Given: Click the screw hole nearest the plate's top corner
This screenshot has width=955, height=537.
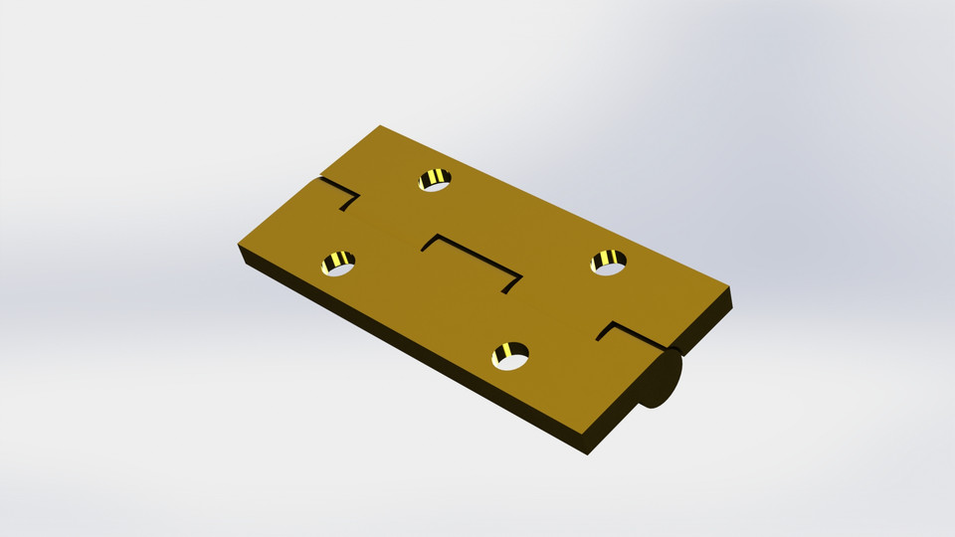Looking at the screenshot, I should click(x=435, y=180).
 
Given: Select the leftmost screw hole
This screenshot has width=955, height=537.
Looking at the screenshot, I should click(x=338, y=264).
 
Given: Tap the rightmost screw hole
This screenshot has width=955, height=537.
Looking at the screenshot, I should click(x=609, y=263).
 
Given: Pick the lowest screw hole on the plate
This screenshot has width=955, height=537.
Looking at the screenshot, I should click(x=510, y=355).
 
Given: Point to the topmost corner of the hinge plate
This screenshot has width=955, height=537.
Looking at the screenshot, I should click(x=380, y=126).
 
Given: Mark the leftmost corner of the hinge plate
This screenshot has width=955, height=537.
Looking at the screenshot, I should click(x=239, y=245).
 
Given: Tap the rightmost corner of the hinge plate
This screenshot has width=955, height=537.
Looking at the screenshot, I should click(x=731, y=289).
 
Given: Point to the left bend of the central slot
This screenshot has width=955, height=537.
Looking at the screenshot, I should click(x=436, y=237).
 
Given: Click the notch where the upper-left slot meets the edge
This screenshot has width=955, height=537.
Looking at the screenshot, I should click(x=319, y=180).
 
